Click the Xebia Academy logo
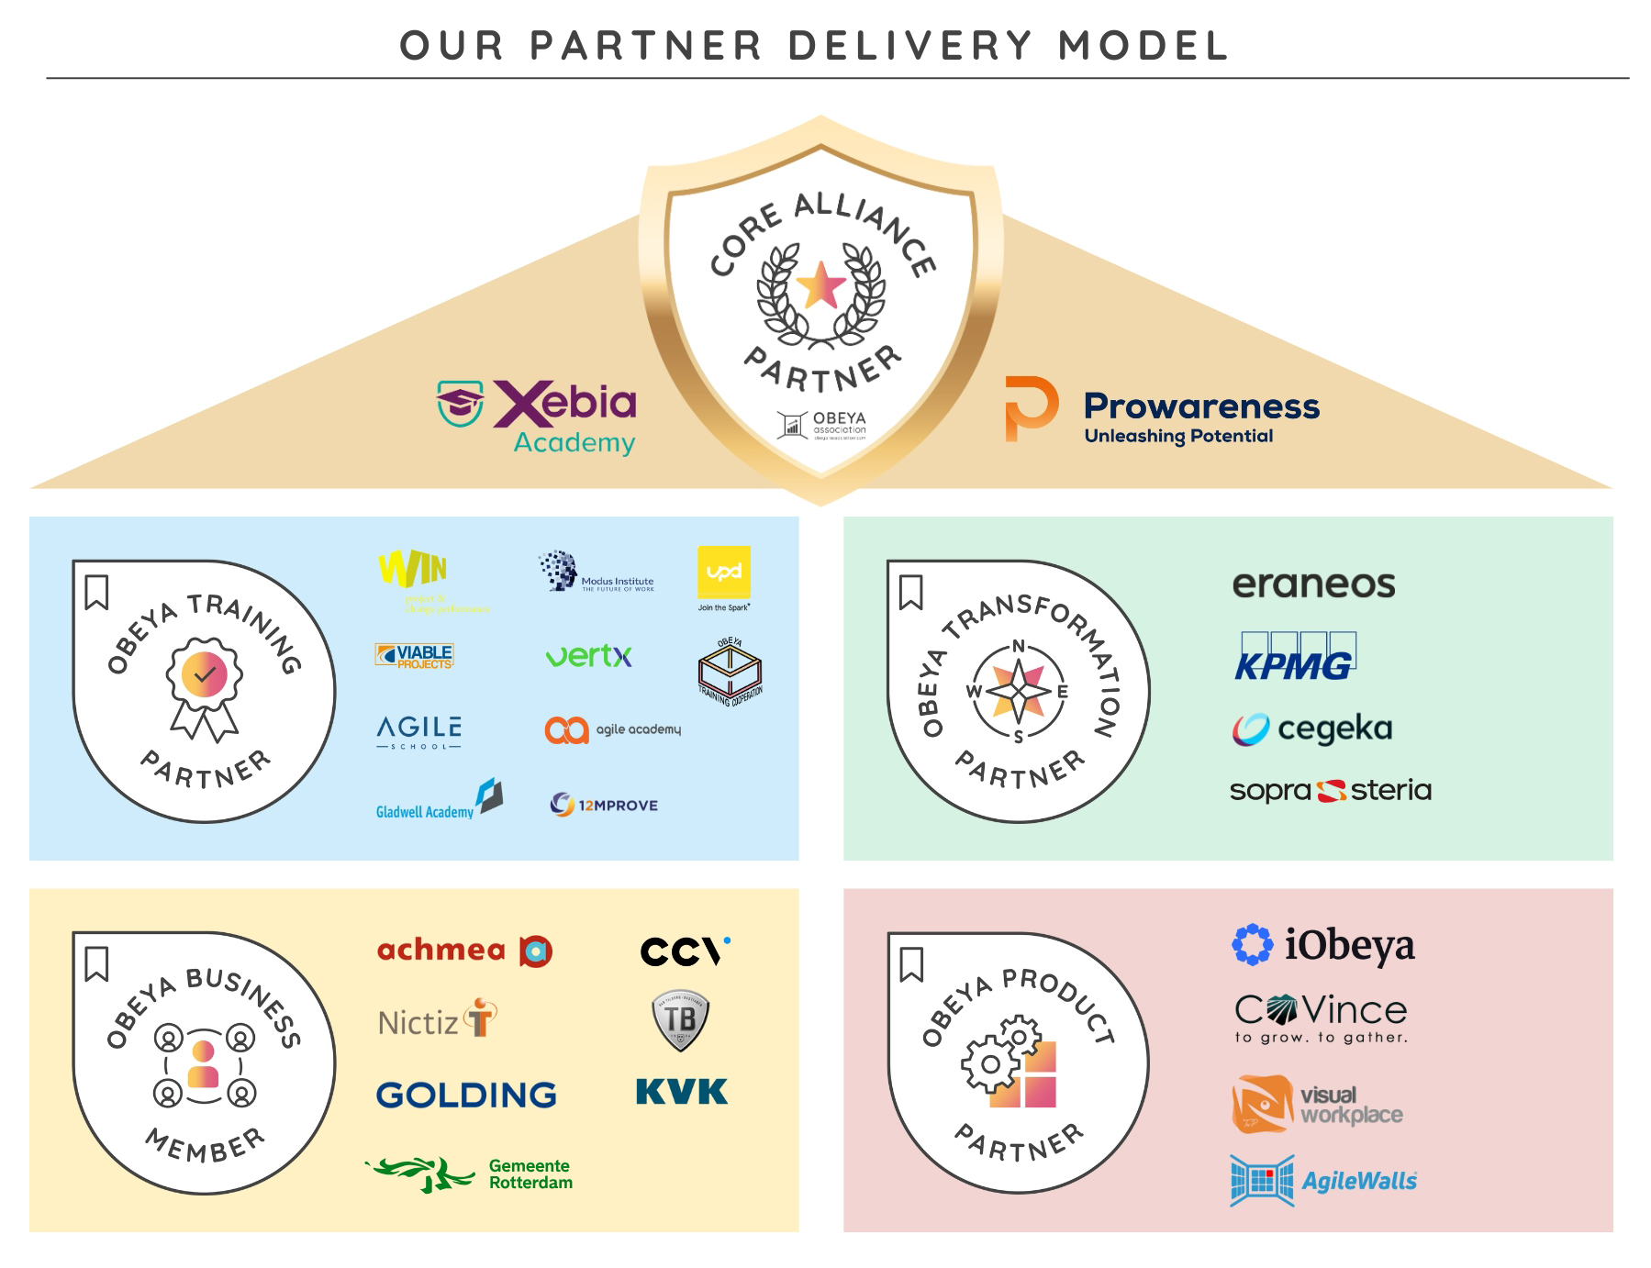[538, 416]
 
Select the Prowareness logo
[1162, 410]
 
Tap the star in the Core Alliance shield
[820, 286]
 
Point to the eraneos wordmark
[1313, 584]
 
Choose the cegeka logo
[1312, 729]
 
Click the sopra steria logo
[1330, 790]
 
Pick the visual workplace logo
[1316, 1105]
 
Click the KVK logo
[681, 1092]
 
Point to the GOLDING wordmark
[466, 1095]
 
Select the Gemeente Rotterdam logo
[469, 1173]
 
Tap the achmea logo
[464, 951]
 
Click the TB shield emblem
[680, 1020]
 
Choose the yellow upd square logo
[724, 573]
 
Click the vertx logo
[588, 656]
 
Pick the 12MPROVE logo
[604, 805]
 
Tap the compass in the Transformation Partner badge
[1019, 691]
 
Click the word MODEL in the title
[1143, 46]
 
